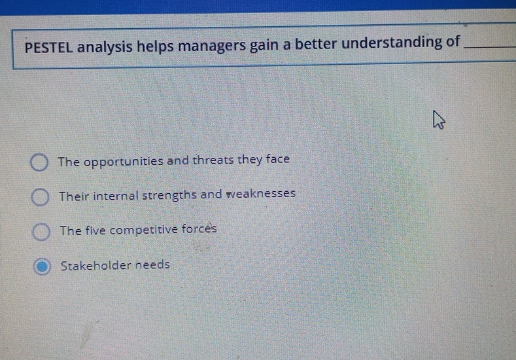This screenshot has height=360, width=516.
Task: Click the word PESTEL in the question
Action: (x=50, y=47)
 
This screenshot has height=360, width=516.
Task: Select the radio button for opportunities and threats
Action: (x=40, y=162)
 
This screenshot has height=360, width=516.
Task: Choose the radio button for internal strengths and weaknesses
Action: (x=41, y=196)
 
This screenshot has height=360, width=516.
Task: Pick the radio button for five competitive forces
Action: (x=41, y=231)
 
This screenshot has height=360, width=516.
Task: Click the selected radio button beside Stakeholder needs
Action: (x=42, y=266)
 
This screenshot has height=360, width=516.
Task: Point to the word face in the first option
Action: (x=277, y=159)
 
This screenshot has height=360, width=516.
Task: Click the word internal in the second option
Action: (x=114, y=195)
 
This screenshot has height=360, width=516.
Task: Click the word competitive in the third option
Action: (x=143, y=230)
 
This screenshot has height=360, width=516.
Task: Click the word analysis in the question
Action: (x=108, y=47)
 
